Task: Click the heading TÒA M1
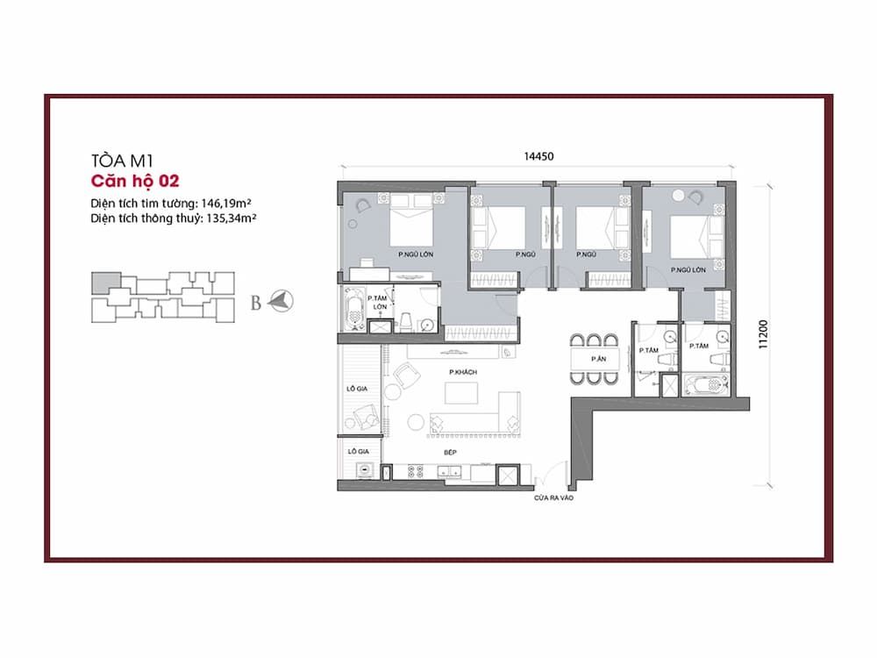(x=122, y=161)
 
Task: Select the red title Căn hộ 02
(x=135, y=182)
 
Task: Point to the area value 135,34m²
(x=231, y=218)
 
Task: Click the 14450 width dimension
(x=538, y=157)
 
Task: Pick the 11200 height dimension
(x=763, y=334)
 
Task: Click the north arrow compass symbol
(x=281, y=302)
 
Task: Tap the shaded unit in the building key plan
(x=106, y=283)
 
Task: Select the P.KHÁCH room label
(x=462, y=372)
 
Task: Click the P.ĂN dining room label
(x=598, y=359)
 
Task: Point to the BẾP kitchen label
(x=450, y=452)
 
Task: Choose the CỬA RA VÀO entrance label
(x=553, y=497)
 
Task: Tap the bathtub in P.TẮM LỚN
(x=353, y=310)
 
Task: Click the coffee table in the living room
(x=461, y=393)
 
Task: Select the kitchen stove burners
(x=416, y=472)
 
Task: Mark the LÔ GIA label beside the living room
(x=358, y=389)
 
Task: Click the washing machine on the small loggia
(x=366, y=470)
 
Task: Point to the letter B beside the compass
(x=255, y=303)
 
